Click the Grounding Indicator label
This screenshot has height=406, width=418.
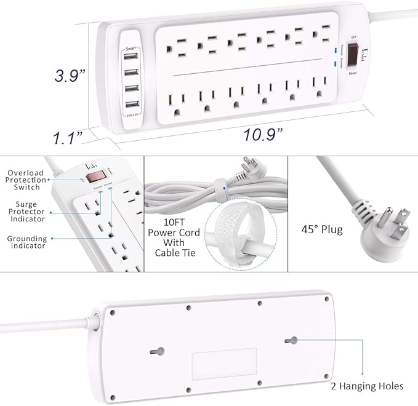point(26,242)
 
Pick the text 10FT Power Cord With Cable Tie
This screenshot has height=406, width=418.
point(174,237)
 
